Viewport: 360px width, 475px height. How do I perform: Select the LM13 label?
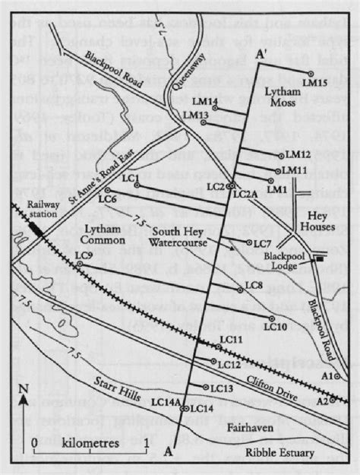tap(196, 115)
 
